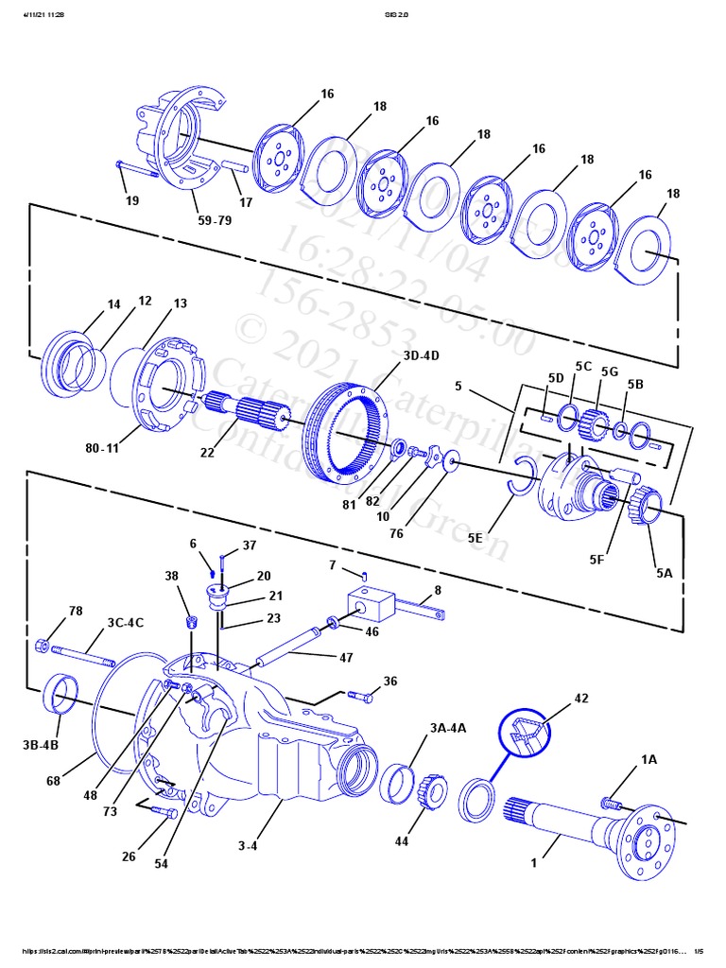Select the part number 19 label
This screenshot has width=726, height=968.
pos(131,199)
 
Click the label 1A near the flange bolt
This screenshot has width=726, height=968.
pos(648,759)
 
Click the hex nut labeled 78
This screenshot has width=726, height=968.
pos(42,646)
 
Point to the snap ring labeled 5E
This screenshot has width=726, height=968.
pos(521,475)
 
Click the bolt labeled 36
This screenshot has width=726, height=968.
pos(360,696)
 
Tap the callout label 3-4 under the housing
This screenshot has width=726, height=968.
pos(247,844)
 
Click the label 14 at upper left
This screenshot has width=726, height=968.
pos(113,304)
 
